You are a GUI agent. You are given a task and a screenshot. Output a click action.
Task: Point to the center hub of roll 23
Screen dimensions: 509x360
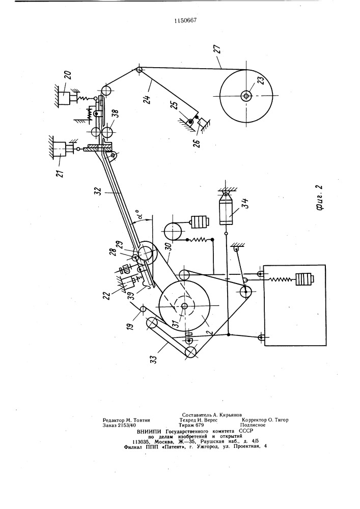pyautogui.click(x=246, y=96)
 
